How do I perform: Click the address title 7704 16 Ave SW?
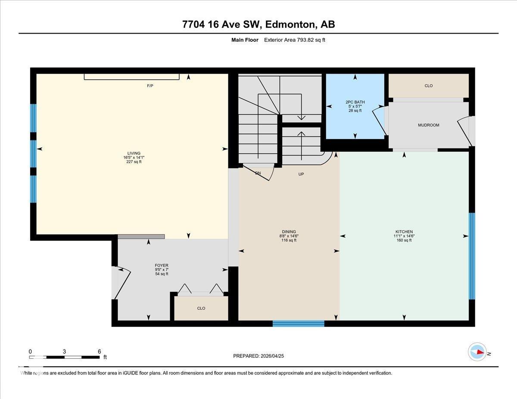pos(258,25)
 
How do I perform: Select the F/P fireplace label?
pos(150,86)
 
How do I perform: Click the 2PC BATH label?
pos(355,102)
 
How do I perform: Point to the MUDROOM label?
pos(428,125)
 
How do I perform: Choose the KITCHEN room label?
pos(404,232)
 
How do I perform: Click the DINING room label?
pos(289,232)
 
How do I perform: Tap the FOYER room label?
pos(162,266)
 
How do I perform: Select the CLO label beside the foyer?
pos(201,308)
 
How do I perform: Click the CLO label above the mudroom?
pos(428,86)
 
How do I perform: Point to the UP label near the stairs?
pos(302,174)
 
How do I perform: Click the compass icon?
pos(477,352)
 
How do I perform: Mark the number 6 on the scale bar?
pos(99,351)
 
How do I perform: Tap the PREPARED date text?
pos(258,356)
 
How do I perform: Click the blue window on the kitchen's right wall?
pos(472,256)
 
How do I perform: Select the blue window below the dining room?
pos(298,324)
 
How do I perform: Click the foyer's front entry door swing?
pos(121,282)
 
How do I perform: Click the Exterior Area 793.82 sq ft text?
pos(297,40)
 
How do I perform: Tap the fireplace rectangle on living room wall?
pos(131,77)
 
